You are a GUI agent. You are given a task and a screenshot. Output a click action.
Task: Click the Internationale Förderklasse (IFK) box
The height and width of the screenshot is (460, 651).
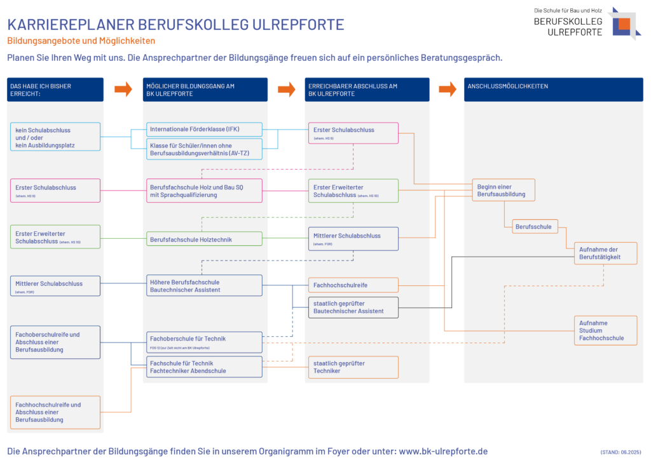point(203,130)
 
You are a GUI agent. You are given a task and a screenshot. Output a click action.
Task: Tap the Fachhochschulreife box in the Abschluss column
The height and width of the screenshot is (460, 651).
point(353,285)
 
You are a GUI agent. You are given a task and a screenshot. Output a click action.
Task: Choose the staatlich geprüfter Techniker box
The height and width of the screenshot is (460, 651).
point(353,367)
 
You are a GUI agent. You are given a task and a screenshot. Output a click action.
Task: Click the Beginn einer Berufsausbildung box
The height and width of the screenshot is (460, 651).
point(503,190)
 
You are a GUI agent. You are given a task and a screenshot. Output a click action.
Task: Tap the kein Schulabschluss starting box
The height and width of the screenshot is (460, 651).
point(55,137)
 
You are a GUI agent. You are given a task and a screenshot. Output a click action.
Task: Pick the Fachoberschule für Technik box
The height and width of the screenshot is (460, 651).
point(203,342)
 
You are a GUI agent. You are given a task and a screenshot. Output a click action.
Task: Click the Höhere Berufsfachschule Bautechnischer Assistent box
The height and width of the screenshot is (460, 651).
point(203,285)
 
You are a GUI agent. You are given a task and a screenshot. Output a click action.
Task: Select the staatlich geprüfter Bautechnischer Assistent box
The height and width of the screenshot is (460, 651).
point(353,307)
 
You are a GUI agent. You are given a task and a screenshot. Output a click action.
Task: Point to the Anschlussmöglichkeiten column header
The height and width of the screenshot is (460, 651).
point(553,90)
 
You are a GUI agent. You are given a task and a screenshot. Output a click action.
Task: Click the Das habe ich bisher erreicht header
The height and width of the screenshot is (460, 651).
point(55,90)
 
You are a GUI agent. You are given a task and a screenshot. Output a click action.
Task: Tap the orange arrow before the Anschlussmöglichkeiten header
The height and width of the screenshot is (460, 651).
point(448,90)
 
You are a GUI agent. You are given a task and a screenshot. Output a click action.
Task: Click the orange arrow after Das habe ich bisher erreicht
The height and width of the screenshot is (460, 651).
point(123,90)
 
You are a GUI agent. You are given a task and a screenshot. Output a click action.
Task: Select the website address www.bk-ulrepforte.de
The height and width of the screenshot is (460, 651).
point(443,451)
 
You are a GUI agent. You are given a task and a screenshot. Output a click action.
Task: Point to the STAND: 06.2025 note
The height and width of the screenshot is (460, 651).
point(622,452)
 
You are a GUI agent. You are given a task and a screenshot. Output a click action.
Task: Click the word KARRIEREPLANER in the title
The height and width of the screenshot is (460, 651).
point(62,25)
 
